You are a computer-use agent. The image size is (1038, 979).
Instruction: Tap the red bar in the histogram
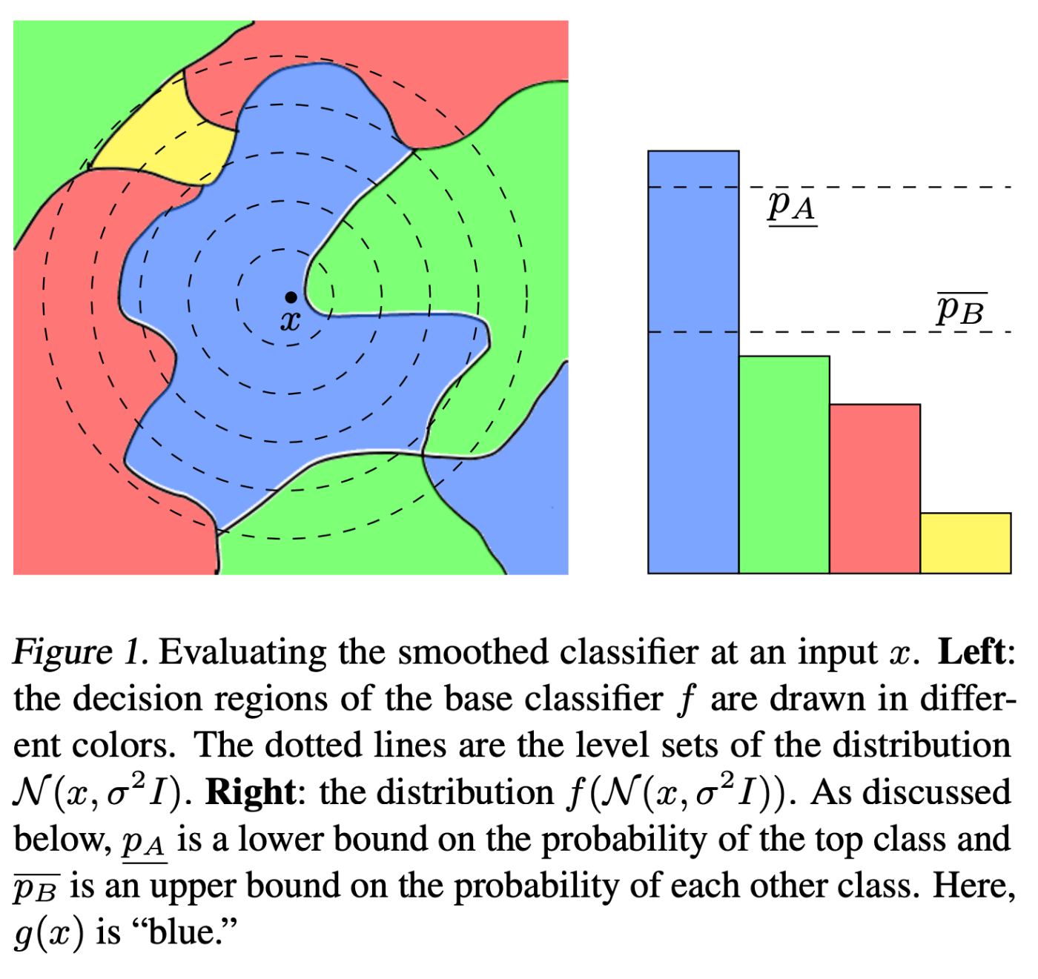(875, 489)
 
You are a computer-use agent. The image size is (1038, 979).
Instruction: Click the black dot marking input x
(291, 297)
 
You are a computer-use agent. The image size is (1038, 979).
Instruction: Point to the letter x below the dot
(291, 321)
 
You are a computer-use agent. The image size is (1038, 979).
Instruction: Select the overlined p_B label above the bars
(960, 309)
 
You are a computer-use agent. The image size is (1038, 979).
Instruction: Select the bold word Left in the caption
(971, 652)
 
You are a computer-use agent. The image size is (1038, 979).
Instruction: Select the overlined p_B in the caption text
(36, 888)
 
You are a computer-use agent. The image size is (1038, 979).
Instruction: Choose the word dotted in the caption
(311, 746)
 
